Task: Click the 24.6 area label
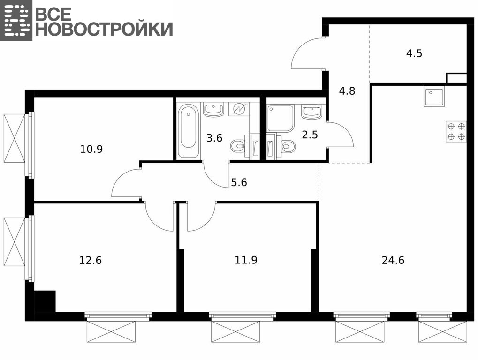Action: (393, 261)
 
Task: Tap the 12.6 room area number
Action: (90, 261)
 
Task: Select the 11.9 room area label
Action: (246, 260)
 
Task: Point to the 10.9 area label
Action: (91, 149)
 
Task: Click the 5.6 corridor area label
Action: (239, 182)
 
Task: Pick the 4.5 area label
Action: (414, 53)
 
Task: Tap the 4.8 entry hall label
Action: (347, 91)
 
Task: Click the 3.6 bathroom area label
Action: (214, 138)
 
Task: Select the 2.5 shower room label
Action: (310, 135)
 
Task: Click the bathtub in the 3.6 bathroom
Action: (188, 131)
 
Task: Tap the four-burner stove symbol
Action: (456, 131)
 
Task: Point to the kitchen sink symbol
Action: (434, 96)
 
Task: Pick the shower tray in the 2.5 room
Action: (281, 118)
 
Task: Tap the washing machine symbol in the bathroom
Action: (239, 109)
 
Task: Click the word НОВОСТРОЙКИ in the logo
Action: (104, 29)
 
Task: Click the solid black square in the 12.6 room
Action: (45, 301)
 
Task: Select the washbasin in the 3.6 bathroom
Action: (214, 109)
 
